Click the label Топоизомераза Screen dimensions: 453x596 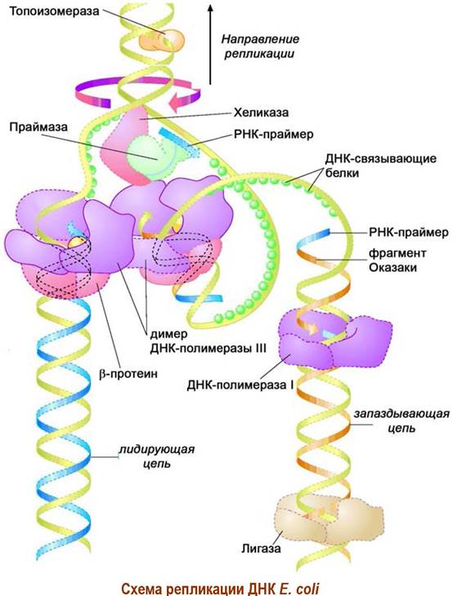pos(54,11)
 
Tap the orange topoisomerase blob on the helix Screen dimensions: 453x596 pos(162,40)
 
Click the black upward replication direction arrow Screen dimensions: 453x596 pos(210,44)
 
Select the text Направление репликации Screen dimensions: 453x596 pos(260,46)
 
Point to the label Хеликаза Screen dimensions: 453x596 pos(261,113)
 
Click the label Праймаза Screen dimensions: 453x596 pos(38,127)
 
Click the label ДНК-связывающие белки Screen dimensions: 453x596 pos(380,166)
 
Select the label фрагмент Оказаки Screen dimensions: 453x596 pos(397,260)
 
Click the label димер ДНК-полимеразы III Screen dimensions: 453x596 pos(208,341)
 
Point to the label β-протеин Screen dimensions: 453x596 pos(128,374)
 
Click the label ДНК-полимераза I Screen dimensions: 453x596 pos(240,385)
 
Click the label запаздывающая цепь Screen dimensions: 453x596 pos(401,420)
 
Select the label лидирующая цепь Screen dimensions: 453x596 pos(157,456)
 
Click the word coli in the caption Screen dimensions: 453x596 pos(304,589)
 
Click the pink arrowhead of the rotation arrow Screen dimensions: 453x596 pos(177,103)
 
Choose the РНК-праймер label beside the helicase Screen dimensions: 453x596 pos(273,135)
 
